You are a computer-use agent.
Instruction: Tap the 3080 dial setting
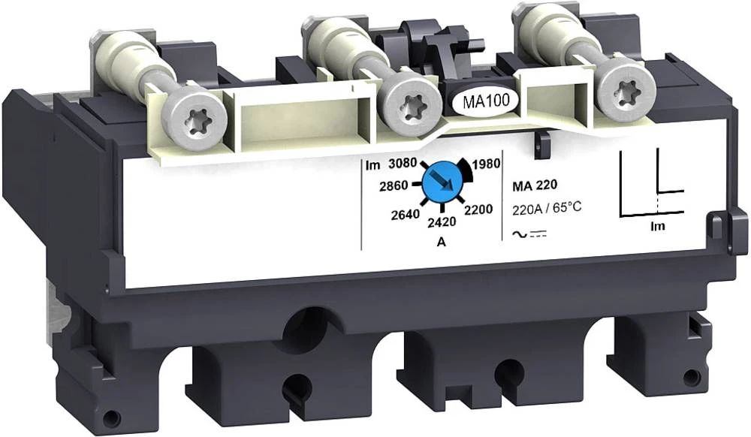(403, 164)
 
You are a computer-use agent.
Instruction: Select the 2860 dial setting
(394, 185)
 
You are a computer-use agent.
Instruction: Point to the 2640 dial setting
(406, 215)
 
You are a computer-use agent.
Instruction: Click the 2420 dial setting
(441, 222)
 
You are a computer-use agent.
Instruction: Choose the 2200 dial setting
(478, 209)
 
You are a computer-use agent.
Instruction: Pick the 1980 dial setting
(486, 164)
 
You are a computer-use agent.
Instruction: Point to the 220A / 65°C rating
(547, 208)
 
